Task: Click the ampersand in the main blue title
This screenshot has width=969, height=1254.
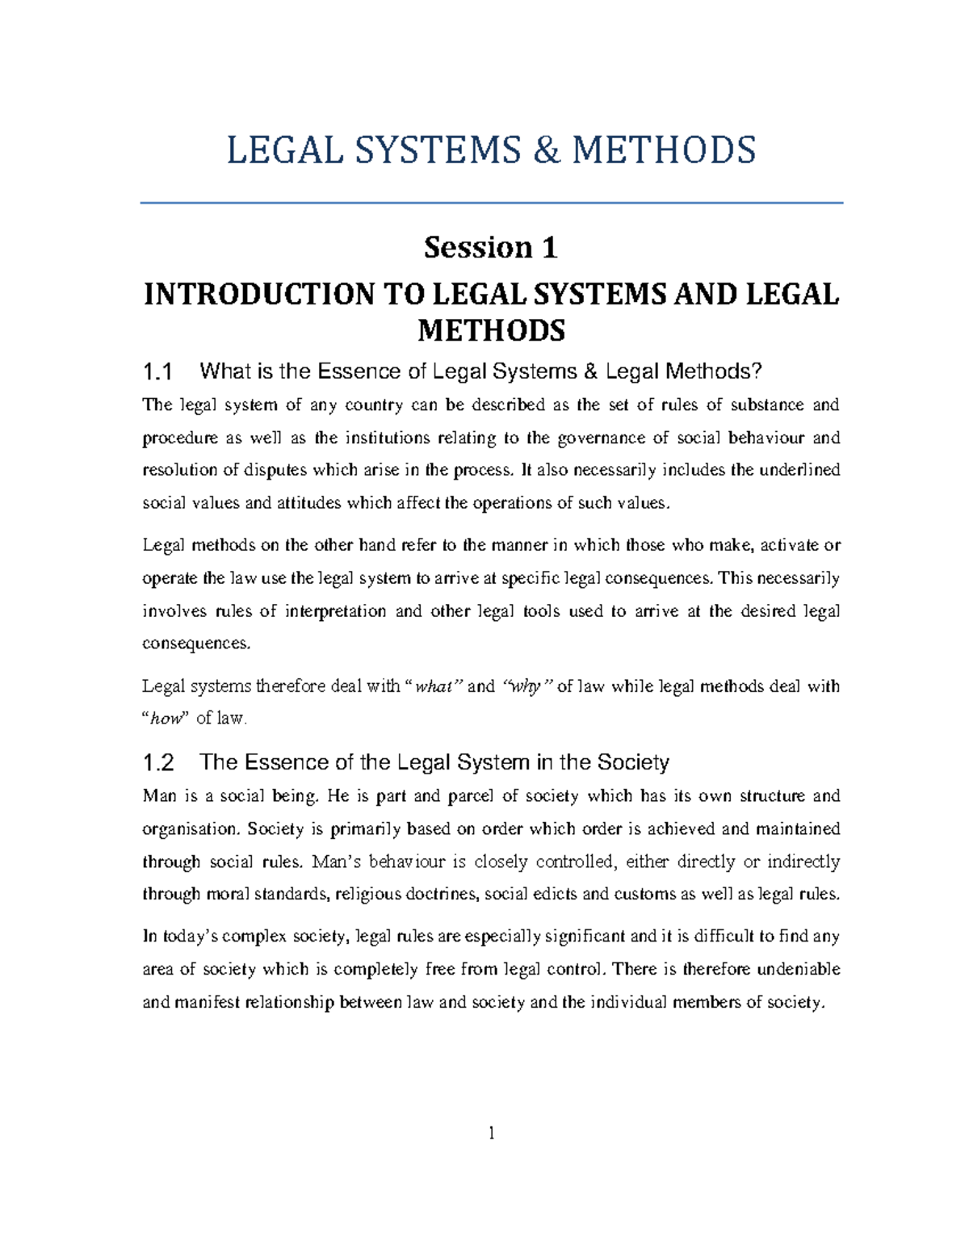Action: point(547,151)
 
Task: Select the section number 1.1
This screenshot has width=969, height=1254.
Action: point(157,372)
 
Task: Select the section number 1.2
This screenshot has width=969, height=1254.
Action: point(157,763)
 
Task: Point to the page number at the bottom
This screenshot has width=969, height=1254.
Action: point(491,1134)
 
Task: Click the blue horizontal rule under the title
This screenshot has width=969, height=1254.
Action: point(491,203)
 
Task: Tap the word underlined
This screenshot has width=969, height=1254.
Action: point(798,471)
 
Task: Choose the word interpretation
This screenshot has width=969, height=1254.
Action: point(335,611)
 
